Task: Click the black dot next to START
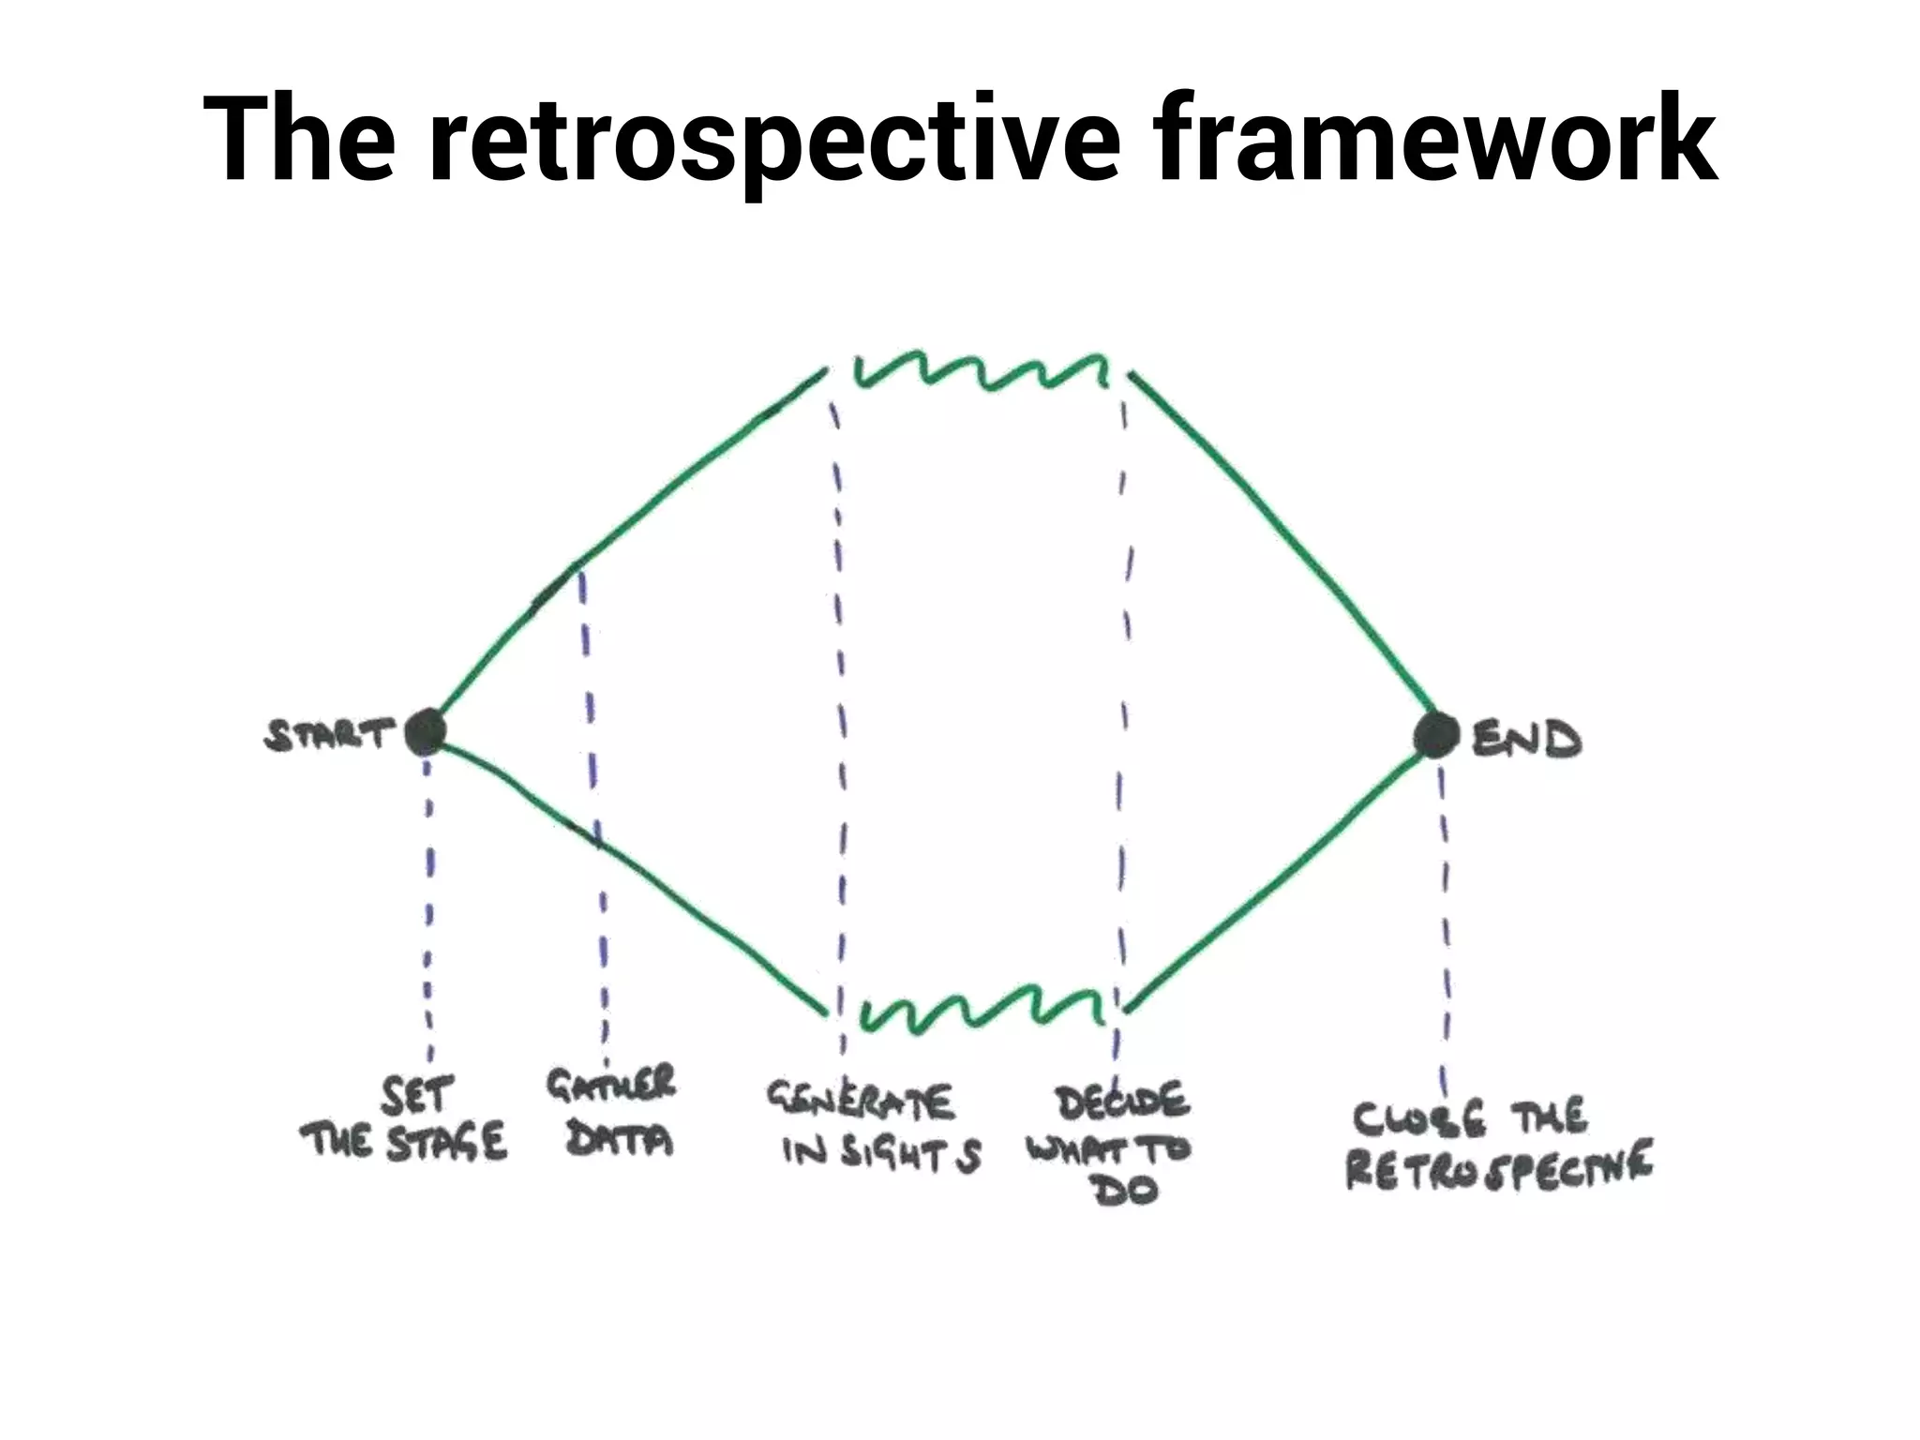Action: click(x=426, y=732)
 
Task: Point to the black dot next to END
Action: click(x=1435, y=734)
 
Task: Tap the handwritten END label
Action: click(x=1526, y=740)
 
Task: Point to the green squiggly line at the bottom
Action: click(x=980, y=1008)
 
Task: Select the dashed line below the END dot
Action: click(x=1445, y=919)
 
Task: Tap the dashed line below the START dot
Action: click(x=428, y=900)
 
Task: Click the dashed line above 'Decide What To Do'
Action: click(x=1123, y=703)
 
